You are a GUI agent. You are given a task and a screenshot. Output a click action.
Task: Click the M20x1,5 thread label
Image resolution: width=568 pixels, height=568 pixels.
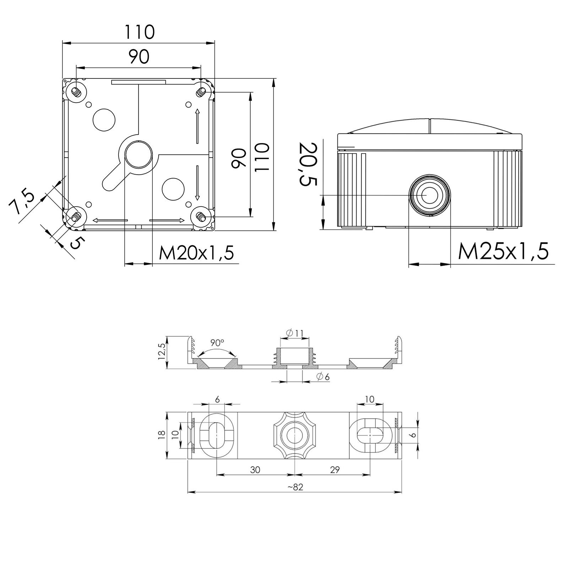tap(196, 253)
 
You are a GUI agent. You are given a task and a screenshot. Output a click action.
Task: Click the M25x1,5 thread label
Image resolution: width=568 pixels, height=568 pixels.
tap(503, 251)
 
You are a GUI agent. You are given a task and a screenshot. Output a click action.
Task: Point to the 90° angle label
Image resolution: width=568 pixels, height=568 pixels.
tap(217, 343)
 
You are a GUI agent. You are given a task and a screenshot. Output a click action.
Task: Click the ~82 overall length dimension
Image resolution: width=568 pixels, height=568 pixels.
tap(295, 487)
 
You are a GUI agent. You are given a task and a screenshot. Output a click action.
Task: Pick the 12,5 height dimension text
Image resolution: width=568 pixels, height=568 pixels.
tap(162, 352)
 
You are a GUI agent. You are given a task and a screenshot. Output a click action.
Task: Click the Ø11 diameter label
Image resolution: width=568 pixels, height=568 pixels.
tap(295, 333)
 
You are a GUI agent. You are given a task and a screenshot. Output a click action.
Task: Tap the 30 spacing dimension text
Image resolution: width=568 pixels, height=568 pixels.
tap(255, 470)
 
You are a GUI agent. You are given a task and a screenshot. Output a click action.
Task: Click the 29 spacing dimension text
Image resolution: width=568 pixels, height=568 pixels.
tap(334, 470)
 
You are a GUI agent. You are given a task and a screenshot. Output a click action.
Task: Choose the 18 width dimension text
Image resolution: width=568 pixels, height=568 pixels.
tap(162, 435)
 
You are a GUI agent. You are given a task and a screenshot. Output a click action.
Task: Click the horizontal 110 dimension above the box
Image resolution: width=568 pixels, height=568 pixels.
tap(139, 32)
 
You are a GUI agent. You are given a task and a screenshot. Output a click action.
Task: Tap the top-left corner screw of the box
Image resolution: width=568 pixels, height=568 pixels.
tap(76, 92)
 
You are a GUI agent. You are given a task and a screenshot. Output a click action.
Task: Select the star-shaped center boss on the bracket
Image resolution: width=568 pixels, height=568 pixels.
tap(295, 435)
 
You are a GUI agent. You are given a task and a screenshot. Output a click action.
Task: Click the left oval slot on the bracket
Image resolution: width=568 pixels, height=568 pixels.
tap(216, 435)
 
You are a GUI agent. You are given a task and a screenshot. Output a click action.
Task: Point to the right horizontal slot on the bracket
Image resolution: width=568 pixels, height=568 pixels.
tap(370, 435)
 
